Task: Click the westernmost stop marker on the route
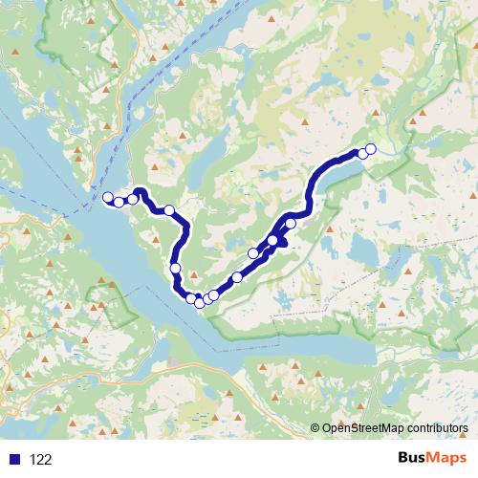[x=108, y=198]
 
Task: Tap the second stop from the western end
[x=119, y=202]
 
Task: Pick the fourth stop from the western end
[x=169, y=210]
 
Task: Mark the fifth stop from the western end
[x=176, y=269]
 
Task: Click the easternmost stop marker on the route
[x=371, y=148]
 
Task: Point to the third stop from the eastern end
[x=291, y=223]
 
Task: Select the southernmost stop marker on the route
[x=199, y=303]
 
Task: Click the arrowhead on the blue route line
[x=284, y=244]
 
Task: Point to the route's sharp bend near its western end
[x=141, y=192]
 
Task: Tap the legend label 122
[x=41, y=460]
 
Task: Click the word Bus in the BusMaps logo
[x=412, y=459]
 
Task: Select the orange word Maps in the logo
[x=447, y=459]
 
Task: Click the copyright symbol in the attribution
[x=315, y=428]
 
